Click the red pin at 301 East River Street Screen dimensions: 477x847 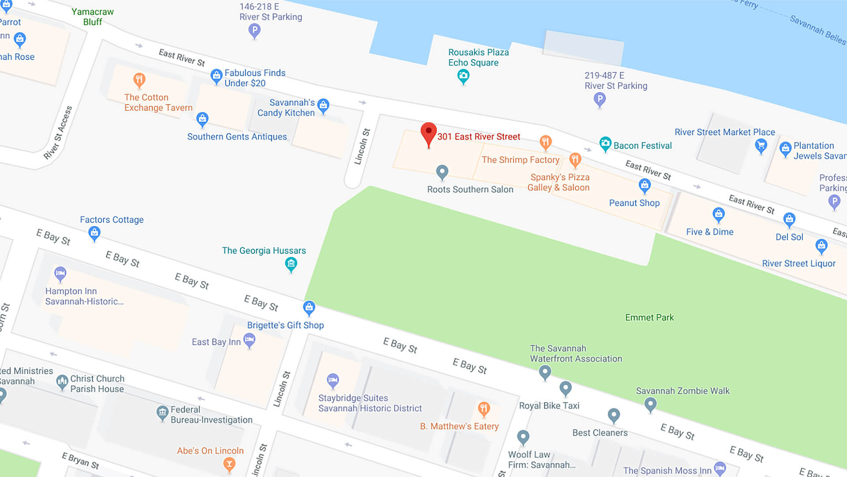(x=428, y=133)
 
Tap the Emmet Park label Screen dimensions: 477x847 (x=649, y=318)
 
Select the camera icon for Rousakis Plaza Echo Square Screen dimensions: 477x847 (x=463, y=76)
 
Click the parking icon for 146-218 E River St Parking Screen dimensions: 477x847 (x=254, y=30)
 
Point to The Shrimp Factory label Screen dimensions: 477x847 (x=520, y=160)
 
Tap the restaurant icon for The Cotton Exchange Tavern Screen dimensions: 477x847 (x=139, y=80)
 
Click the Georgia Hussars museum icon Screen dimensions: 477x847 (x=291, y=264)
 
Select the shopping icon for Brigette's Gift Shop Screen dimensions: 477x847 (x=309, y=307)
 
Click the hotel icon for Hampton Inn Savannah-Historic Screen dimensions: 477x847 (x=60, y=273)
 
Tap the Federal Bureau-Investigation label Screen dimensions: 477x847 (x=211, y=415)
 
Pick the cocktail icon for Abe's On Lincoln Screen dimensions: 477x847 (x=229, y=464)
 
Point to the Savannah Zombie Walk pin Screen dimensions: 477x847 (x=650, y=404)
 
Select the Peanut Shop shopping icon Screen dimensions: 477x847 (x=645, y=185)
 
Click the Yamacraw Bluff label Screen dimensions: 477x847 (x=93, y=17)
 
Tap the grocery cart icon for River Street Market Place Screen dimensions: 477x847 (x=761, y=145)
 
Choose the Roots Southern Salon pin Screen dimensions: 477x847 (x=442, y=172)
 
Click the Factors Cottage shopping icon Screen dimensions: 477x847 (x=94, y=233)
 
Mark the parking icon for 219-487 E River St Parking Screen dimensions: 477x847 (x=600, y=99)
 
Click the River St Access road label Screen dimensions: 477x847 (x=58, y=133)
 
